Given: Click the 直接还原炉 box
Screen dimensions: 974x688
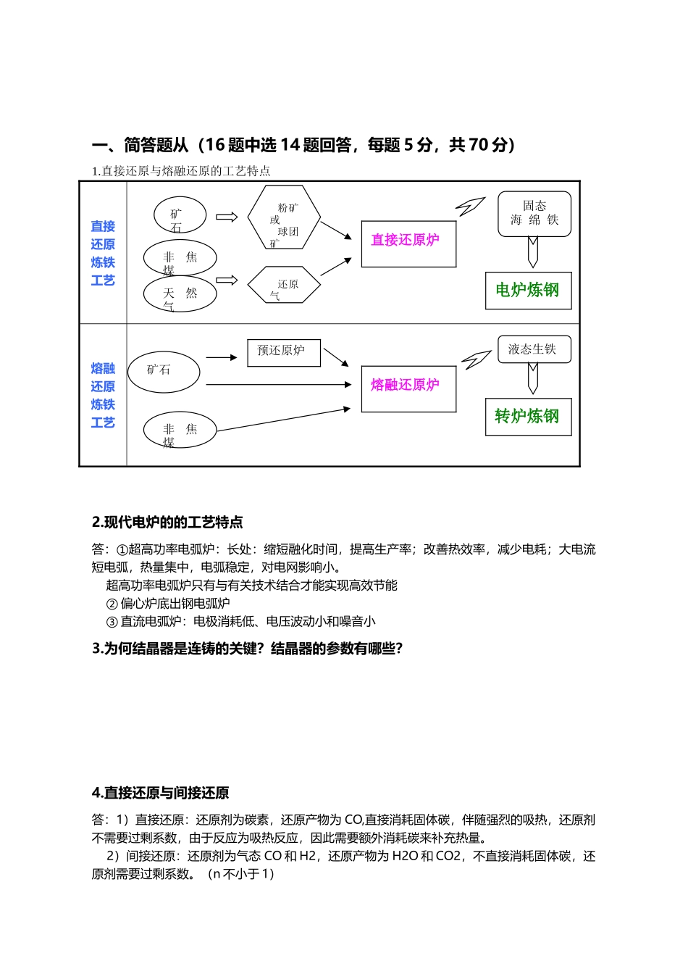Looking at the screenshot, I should click(x=408, y=244).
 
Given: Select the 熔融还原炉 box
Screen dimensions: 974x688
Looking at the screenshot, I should click(x=408, y=388).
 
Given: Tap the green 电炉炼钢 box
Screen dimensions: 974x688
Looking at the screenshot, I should click(x=528, y=291).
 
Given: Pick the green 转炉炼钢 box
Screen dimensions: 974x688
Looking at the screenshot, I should click(x=528, y=417).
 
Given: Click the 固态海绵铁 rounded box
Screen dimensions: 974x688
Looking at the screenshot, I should click(x=534, y=214).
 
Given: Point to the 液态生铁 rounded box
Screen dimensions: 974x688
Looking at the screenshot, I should click(x=534, y=349).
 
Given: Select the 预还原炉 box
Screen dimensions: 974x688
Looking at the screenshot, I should click(x=283, y=352).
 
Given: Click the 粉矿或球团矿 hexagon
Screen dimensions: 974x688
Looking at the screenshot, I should click(x=284, y=217).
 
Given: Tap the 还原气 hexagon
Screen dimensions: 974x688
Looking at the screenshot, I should click(x=284, y=286).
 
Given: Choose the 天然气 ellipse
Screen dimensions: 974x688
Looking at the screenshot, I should click(x=180, y=294).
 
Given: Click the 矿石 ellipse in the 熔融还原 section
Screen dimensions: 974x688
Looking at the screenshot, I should click(x=163, y=372).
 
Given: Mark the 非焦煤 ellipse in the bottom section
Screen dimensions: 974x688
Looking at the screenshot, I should click(x=180, y=430).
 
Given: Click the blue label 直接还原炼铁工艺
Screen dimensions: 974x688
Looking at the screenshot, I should click(x=103, y=253).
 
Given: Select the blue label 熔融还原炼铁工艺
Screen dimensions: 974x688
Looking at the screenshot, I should click(x=103, y=395).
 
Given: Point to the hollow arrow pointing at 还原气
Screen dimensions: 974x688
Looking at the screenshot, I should click(x=227, y=280).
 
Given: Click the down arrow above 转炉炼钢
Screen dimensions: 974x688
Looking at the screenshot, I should click(x=533, y=378).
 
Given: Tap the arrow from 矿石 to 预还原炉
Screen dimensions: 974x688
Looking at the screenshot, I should click(x=222, y=357).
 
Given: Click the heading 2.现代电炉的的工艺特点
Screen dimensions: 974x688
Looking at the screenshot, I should click(x=167, y=523).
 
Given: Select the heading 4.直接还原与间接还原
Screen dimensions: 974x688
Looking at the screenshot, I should click(x=161, y=793).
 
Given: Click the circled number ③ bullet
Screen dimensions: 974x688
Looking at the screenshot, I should click(x=112, y=622).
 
